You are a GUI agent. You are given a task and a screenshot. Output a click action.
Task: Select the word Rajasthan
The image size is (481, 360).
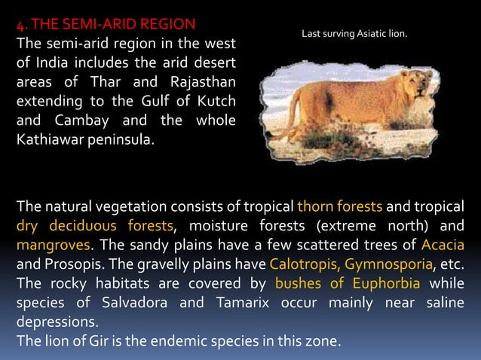[201, 81]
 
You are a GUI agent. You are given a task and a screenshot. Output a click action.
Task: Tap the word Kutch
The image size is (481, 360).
[215, 101]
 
